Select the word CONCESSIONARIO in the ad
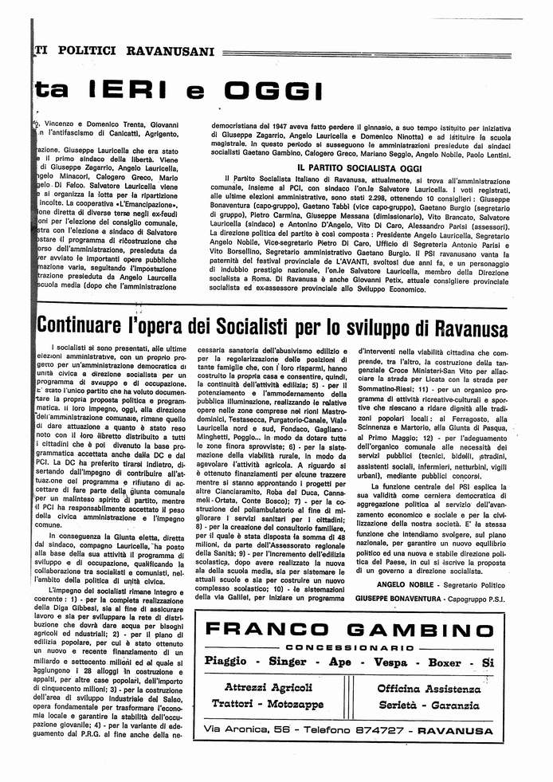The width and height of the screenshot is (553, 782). click(351, 647)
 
